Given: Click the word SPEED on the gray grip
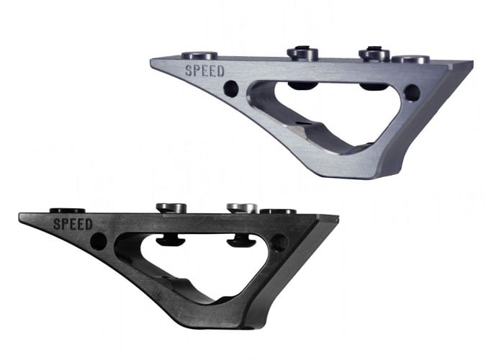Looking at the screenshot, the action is (x=204, y=71).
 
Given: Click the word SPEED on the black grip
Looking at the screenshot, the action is (x=73, y=224).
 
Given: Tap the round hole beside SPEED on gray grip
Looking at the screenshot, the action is (x=231, y=88).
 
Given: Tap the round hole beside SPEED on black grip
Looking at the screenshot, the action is (x=98, y=241).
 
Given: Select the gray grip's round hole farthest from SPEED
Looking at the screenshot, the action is (x=412, y=92).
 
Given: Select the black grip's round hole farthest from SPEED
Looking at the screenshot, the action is (x=279, y=243).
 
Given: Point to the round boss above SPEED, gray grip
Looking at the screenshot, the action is (x=199, y=55).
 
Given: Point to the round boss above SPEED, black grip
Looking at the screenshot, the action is (x=68, y=211).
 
